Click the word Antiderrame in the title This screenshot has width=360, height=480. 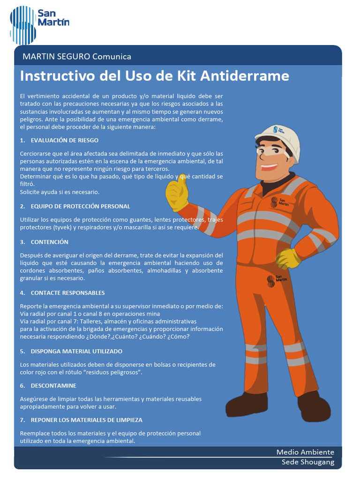click(x=245, y=76)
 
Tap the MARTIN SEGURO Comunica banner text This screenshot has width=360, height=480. click(x=77, y=57)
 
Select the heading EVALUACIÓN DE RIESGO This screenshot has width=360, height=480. click(x=64, y=140)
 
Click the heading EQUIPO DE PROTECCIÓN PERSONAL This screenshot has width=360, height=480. click(x=80, y=206)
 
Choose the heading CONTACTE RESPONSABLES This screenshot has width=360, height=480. click(x=67, y=293)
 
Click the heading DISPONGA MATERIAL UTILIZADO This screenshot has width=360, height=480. click(x=76, y=351)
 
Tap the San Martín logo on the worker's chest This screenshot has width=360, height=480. click(x=280, y=202)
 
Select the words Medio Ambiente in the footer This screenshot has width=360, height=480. click(x=305, y=452)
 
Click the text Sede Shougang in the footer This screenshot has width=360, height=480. click(x=308, y=462)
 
